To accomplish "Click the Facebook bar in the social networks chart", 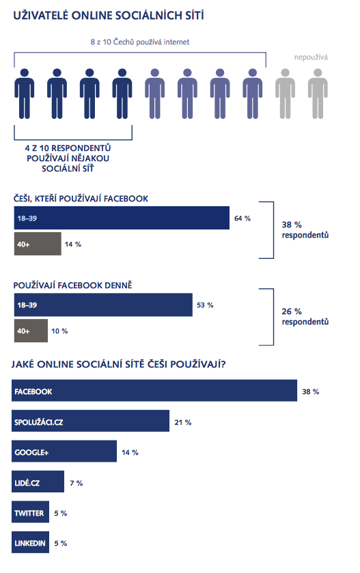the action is [154, 391].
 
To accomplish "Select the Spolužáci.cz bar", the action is [90, 421].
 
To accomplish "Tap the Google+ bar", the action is [64, 451].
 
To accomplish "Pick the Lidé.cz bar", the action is [38, 481].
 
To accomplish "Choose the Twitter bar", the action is [30, 512].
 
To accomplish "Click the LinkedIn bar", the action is [30, 542].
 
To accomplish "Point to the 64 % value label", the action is [243, 218].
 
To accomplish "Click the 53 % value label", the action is [205, 305].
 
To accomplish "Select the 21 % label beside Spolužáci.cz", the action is [183, 422].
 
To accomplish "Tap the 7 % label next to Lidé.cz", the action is [77, 483].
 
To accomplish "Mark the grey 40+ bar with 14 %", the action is [38, 244].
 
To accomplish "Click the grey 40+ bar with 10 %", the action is [31, 331].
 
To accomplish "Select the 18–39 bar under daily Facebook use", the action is [103, 305].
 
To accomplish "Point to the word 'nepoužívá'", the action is [311, 57].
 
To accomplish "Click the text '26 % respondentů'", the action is [305, 316].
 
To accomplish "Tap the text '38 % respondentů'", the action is [305, 230].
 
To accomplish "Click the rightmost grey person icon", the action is [318, 94].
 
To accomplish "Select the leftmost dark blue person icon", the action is [24, 94].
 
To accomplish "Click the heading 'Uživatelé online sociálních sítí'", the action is [109, 15].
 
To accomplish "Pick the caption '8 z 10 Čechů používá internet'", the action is [140, 42].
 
